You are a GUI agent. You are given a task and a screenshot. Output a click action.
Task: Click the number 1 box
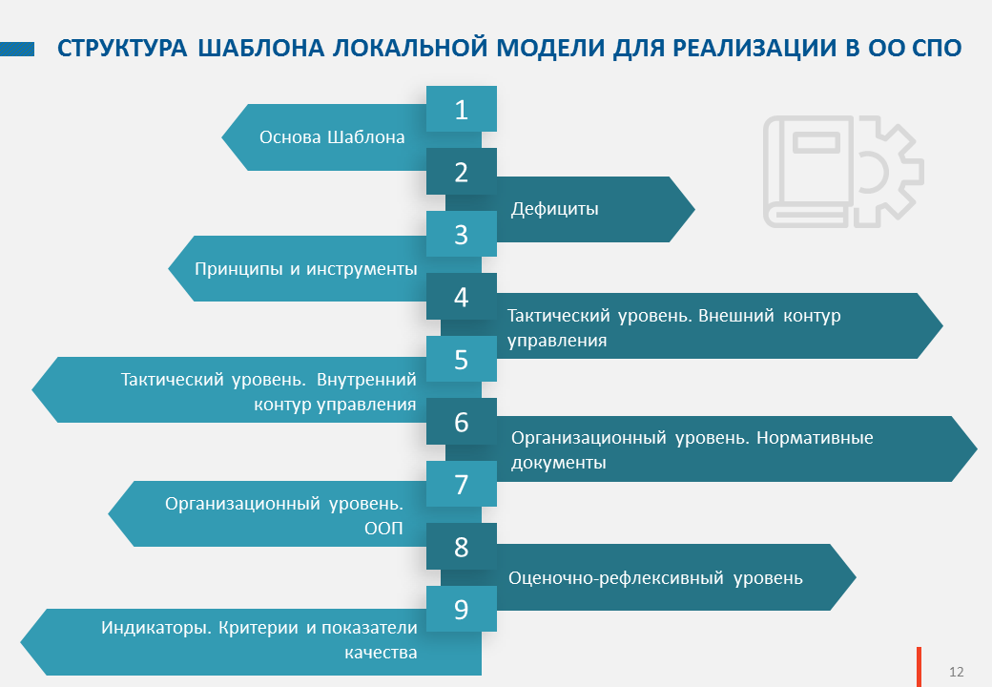click(x=462, y=109)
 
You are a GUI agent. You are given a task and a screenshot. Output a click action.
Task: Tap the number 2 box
click(x=462, y=172)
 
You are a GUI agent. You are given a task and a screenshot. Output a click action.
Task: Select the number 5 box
click(x=462, y=359)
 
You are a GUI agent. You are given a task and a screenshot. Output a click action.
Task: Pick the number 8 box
click(x=462, y=547)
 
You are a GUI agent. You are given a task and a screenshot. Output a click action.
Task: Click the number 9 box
click(x=462, y=609)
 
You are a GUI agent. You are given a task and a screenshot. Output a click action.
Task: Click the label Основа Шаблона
click(x=332, y=137)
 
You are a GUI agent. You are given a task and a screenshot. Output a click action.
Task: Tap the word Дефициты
click(x=555, y=209)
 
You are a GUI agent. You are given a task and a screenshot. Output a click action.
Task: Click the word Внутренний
click(x=366, y=380)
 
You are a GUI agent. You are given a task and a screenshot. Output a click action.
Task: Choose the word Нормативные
click(x=815, y=438)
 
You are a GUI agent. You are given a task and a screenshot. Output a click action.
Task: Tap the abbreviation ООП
click(x=384, y=529)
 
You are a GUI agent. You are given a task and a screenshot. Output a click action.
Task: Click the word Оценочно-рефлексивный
click(x=616, y=578)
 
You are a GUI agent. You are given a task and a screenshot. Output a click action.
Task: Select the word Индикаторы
click(x=155, y=628)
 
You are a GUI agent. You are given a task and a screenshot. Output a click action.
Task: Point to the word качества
click(x=381, y=653)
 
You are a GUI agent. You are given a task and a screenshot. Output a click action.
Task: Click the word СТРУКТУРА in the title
click(x=122, y=49)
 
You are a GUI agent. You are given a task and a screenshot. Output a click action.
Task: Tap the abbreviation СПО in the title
click(x=937, y=48)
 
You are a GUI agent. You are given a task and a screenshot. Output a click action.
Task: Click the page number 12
click(x=956, y=672)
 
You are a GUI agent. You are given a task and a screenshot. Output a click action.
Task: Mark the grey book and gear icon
click(x=843, y=172)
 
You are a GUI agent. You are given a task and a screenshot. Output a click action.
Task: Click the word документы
click(x=559, y=463)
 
